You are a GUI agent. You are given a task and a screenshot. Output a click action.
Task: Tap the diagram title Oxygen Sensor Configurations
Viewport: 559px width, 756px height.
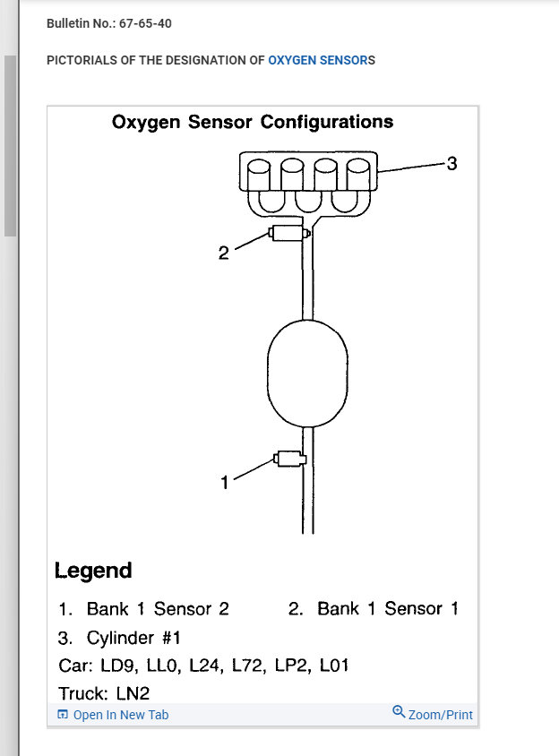tap(252, 122)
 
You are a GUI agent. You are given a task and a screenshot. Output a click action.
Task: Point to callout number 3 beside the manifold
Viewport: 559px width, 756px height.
tap(451, 164)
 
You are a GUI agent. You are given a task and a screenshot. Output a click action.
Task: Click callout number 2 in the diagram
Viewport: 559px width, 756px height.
tap(223, 253)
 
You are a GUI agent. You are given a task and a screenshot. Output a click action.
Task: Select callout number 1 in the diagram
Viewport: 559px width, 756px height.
tap(225, 483)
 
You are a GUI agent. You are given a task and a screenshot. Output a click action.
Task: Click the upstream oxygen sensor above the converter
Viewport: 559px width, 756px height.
tap(288, 234)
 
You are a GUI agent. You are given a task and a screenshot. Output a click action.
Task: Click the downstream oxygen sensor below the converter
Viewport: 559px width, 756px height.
tap(290, 460)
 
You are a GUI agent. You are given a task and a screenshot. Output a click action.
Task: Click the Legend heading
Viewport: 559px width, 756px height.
tap(93, 571)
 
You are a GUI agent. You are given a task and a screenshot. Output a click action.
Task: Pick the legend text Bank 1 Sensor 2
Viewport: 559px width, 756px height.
tap(158, 609)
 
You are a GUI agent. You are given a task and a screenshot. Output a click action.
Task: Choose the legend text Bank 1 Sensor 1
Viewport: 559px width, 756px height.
tap(388, 609)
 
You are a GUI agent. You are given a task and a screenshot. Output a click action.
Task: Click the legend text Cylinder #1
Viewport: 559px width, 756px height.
tap(133, 638)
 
